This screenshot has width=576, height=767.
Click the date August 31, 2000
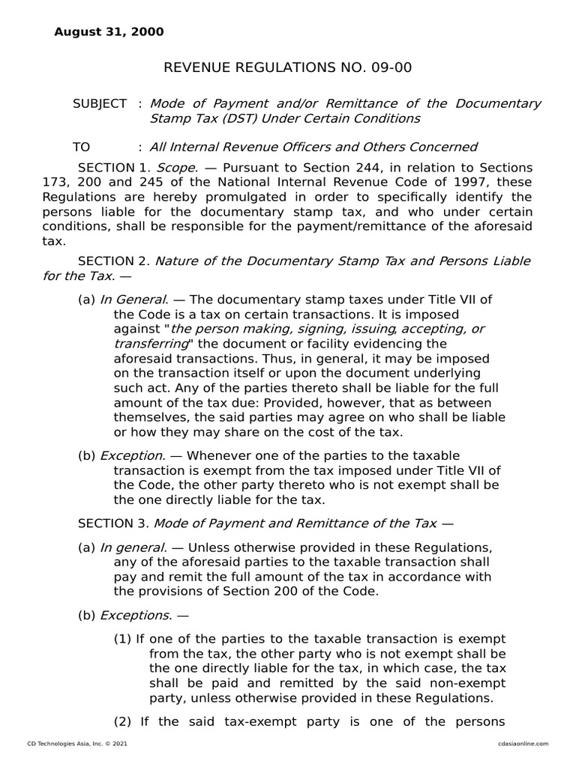[109, 31]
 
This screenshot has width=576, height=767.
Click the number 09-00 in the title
[391, 68]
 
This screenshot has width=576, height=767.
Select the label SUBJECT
[99, 103]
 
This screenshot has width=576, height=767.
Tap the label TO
[80, 147]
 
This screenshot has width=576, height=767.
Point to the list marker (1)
[122, 639]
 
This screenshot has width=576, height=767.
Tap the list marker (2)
[122, 722]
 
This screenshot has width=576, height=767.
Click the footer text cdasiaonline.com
[523, 743]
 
